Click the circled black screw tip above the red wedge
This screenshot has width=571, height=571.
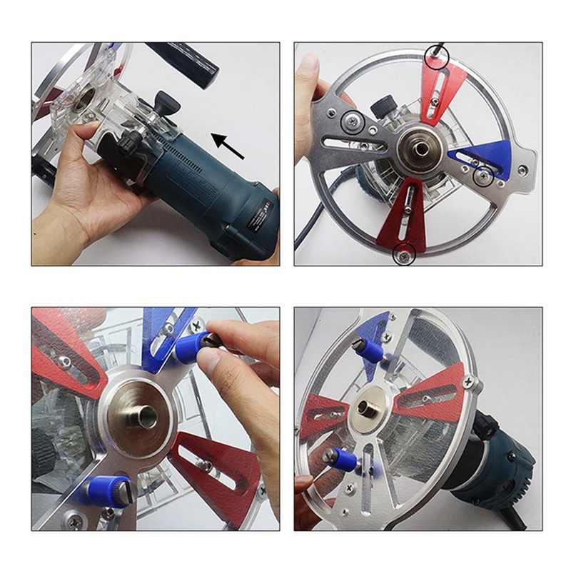pos(435,56)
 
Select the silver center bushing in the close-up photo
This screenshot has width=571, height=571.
pos(138,417)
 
